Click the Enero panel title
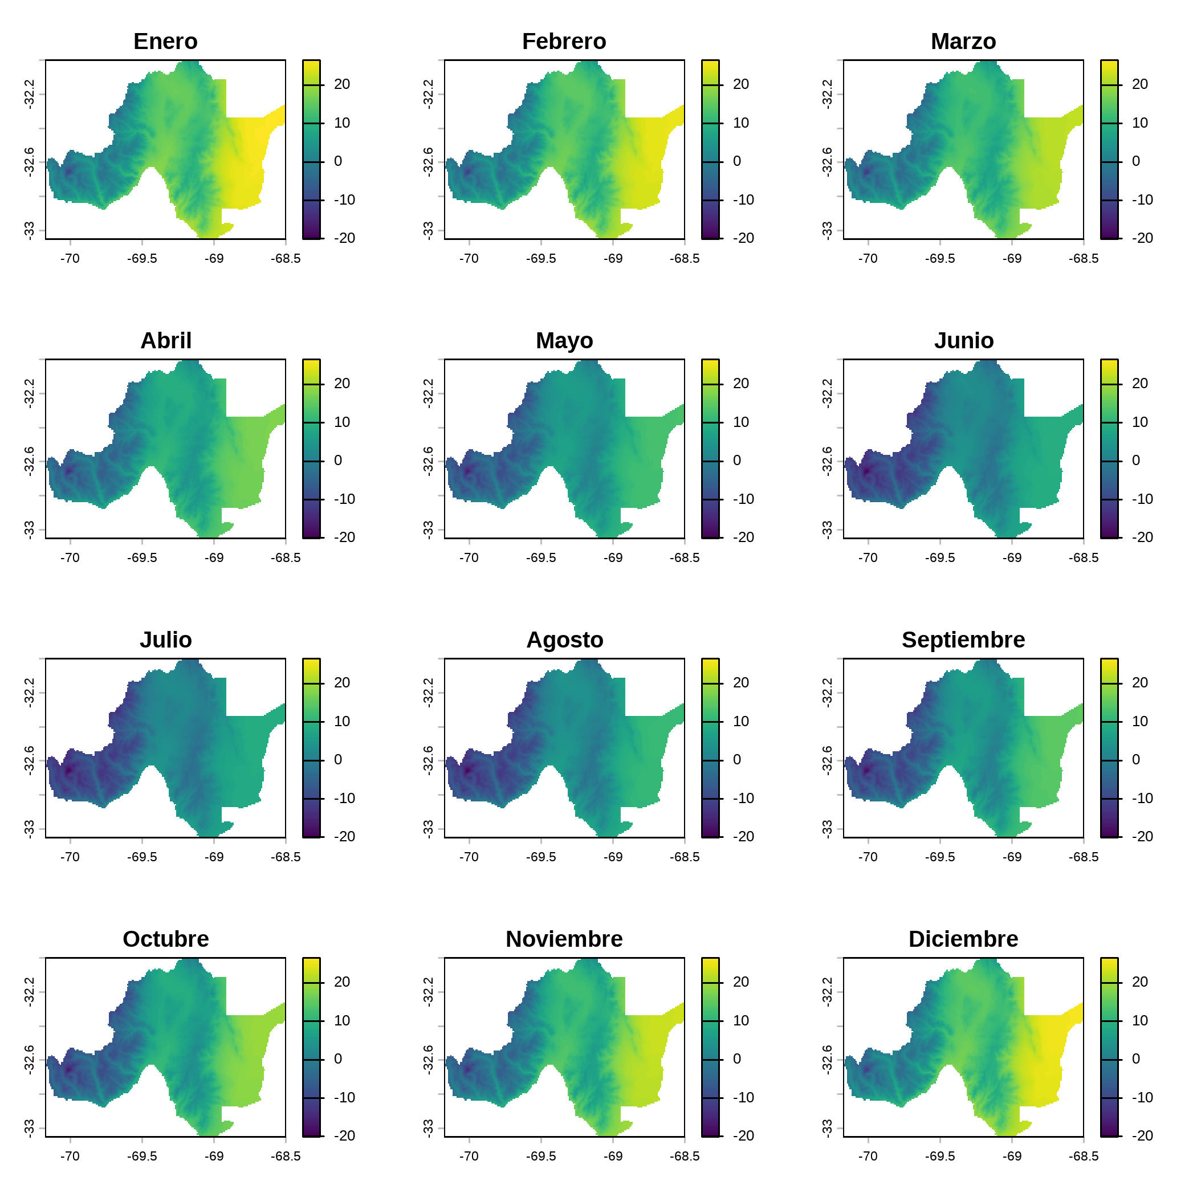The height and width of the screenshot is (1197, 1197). [165, 42]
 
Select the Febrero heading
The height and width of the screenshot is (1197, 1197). [564, 42]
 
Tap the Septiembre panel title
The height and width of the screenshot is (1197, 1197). [963, 640]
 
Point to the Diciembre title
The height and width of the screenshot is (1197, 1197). [963, 939]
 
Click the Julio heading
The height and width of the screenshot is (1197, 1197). [165, 640]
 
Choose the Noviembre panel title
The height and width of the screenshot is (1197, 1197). [564, 939]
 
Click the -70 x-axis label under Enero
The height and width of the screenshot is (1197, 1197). [70, 259]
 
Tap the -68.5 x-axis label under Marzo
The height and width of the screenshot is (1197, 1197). [1083, 259]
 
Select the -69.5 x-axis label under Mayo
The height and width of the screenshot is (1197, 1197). [541, 558]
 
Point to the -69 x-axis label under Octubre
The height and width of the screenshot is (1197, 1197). [214, 1157]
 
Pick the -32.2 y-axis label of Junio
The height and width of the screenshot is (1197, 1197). [827, 393]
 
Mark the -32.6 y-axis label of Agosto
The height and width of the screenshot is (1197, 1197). [428, 760]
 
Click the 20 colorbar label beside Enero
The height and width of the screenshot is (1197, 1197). [342, 84]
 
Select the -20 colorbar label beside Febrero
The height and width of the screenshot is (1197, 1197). [743, 238]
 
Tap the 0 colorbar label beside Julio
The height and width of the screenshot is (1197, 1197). [337, 760]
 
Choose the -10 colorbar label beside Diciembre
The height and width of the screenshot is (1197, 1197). [1142, 1097]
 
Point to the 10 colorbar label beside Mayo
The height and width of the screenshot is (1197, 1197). [741, 422]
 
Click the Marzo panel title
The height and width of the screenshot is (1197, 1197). [963, 42]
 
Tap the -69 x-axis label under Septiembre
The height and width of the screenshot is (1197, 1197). [1012, 857]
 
